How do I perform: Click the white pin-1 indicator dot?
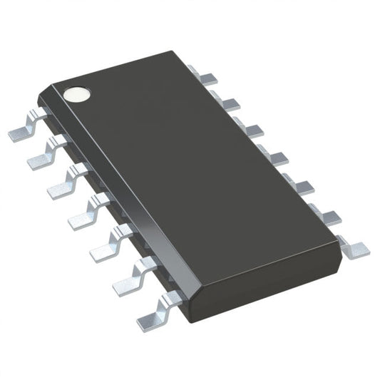(x=74, y=93)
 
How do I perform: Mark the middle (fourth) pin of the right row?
(x=269, y=155)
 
